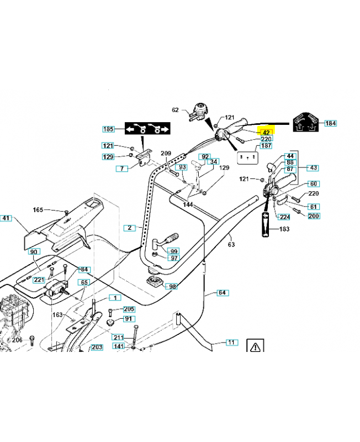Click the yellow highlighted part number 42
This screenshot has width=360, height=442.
pos(266,133)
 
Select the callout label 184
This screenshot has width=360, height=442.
pos(330,123)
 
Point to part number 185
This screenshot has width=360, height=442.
pos(109,129)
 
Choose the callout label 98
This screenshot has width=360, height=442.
pos(172,287)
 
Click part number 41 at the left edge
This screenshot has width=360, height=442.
pos(6,218)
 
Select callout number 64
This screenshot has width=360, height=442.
pos(222,293)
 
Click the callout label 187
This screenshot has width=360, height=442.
pos(266,146)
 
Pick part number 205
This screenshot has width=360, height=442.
pos(129,309)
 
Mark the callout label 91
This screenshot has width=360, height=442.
pos(128,319)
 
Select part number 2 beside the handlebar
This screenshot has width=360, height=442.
pos(129,227)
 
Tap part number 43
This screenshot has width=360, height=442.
pos(313,167)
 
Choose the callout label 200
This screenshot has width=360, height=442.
pos(313,215)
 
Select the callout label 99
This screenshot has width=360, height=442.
pos(174,251)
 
